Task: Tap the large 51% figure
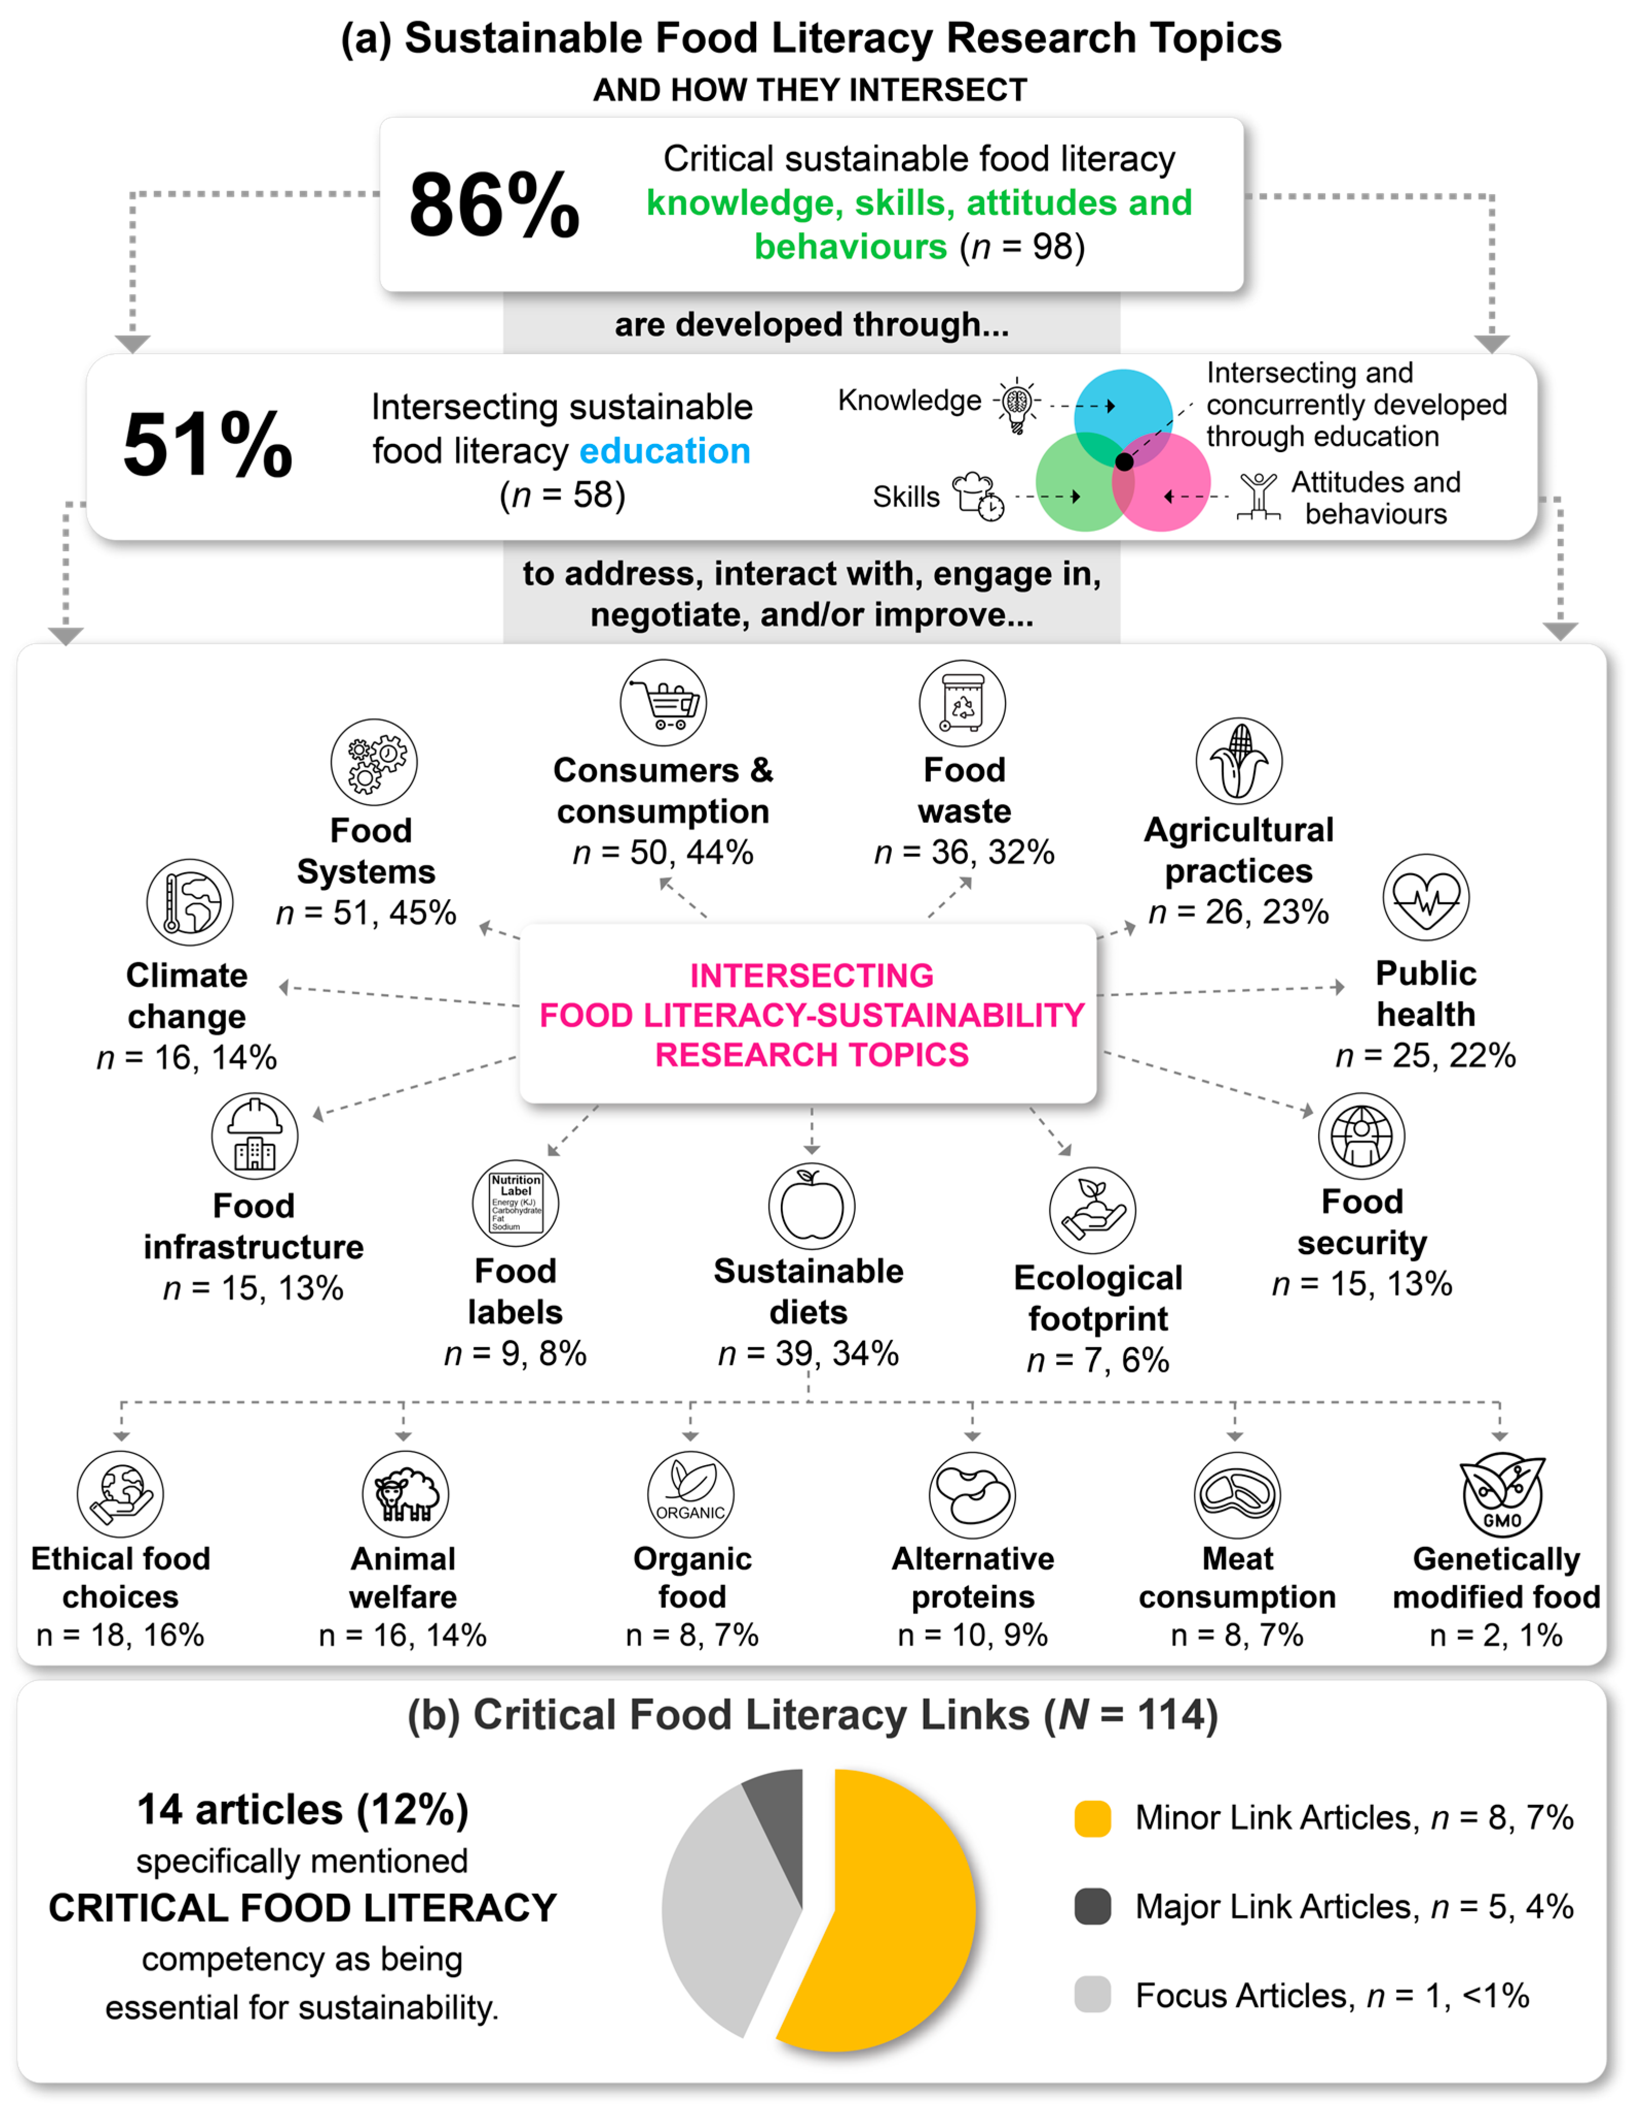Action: click(x=208, y=445)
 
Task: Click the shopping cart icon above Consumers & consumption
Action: click(x=663, y=703)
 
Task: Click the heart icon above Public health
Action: click(x=1426, y=897)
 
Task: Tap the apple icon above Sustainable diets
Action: click(x=812, y=1205)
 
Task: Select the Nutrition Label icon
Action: click(x=515, y=1203)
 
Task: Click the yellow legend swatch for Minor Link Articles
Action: click(x=1093, y=1818)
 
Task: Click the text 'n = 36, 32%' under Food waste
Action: click(x=964, y=852)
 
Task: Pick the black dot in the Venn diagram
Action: click(x=1124, y=461)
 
